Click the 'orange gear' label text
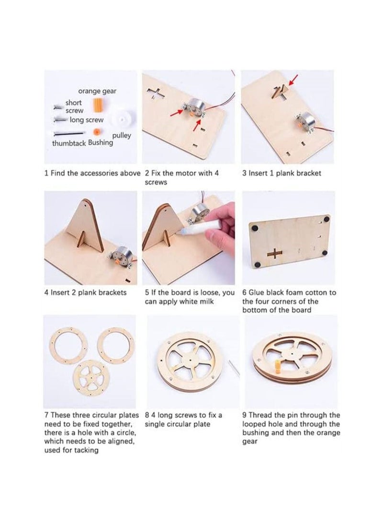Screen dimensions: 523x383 (x=97, y=91)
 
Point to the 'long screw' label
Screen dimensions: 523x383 (x=86, y=120)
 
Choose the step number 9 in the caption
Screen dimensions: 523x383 (x=244, y=415)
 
